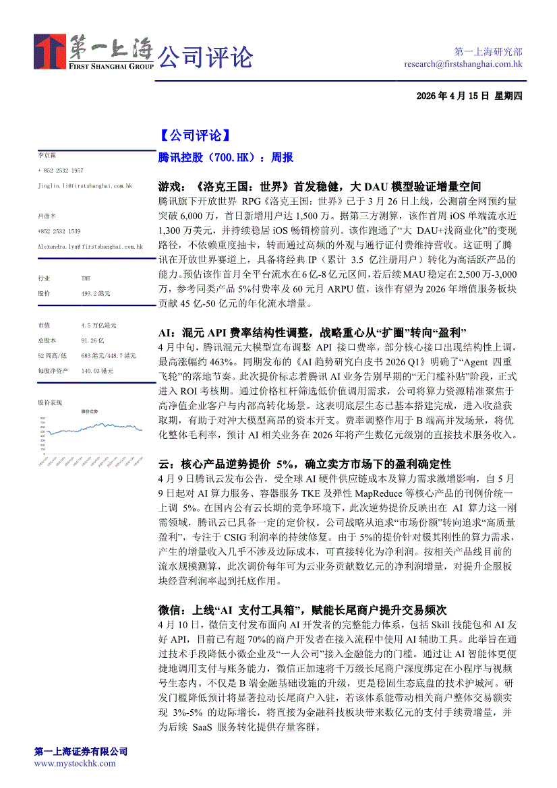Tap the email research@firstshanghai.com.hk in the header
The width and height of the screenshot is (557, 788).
point(463,64)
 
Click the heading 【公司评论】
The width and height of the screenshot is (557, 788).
point(195,135)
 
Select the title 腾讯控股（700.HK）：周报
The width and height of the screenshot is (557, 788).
point(225,158)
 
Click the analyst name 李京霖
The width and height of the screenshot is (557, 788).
point(47,155)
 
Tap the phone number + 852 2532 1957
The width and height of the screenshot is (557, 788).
point(61,171)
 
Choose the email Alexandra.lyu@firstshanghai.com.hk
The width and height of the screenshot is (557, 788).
point(90,247)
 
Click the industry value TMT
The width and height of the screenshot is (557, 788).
point(86,278)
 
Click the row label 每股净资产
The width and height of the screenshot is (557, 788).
point(51,371)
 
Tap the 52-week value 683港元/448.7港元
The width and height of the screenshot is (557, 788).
point(109,355)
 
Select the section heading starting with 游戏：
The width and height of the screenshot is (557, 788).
point(320,186)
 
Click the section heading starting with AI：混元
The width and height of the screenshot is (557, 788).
point(312,333)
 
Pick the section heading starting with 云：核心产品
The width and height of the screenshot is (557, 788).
point(305,464)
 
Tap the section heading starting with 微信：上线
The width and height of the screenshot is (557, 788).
point(303,610)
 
